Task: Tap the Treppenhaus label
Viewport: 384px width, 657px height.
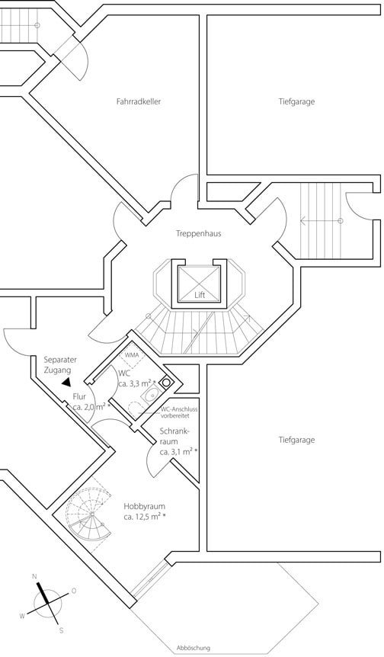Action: [x=198, y=234]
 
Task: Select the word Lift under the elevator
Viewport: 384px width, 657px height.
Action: [x=200, y=294]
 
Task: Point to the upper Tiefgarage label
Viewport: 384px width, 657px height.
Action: [x=296, y=101]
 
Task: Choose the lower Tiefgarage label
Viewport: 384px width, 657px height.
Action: [x=296, y=440]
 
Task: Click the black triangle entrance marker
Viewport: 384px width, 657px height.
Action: [x=67, y=383]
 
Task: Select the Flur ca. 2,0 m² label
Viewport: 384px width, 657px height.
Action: [x=91, y=402]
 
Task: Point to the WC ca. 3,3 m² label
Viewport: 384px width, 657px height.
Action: [x=136, y=379]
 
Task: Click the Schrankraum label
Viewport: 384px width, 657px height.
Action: [x=177, y=441]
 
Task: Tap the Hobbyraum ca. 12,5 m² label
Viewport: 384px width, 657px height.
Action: [x=144, y=511]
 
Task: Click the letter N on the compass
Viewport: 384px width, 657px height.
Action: [x=35, y=576]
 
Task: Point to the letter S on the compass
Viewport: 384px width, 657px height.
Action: [x=60, y=630]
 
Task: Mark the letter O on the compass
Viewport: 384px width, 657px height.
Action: [x=74, y=591]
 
